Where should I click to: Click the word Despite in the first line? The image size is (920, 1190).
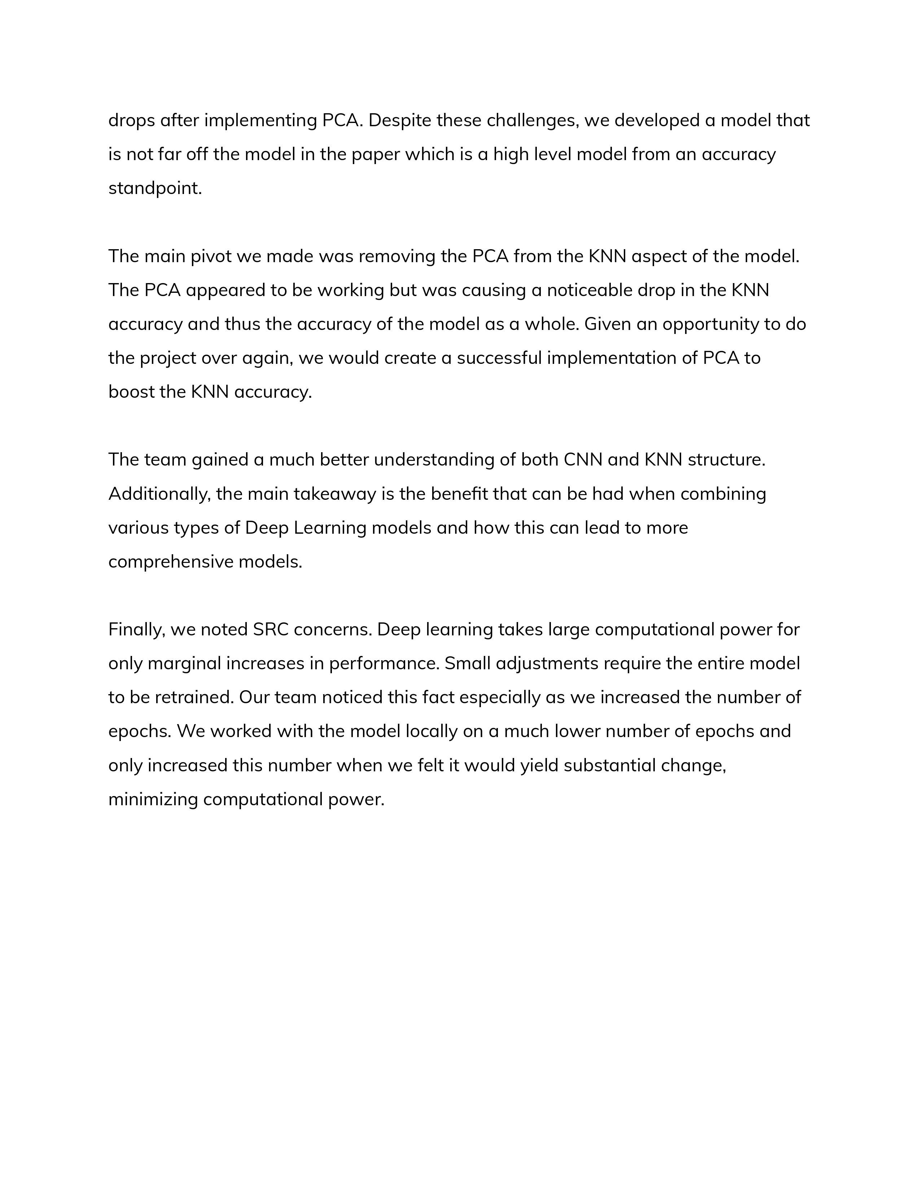point(399,120)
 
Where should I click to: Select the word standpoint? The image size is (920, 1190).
point(155,189)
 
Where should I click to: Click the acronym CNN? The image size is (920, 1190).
point(583,460)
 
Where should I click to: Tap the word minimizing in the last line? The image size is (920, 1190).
point(153,800)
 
